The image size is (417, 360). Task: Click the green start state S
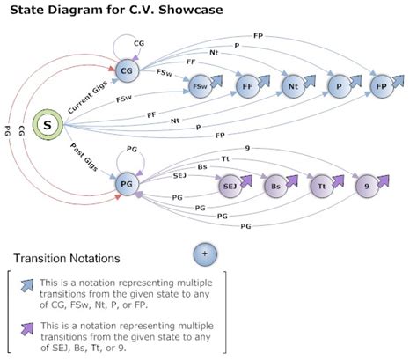point(48,128)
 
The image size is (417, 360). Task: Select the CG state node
point(128,70)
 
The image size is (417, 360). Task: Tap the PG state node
point(128,184)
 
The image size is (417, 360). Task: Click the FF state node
point(247,86)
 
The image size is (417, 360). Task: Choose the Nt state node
point(293,86)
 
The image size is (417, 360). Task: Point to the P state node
point(338,86)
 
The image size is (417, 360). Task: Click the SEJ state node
point(229,186)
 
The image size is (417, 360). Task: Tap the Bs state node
point(274,186)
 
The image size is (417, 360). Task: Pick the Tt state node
point(320,186)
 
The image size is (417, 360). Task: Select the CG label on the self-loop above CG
point(139,42)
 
